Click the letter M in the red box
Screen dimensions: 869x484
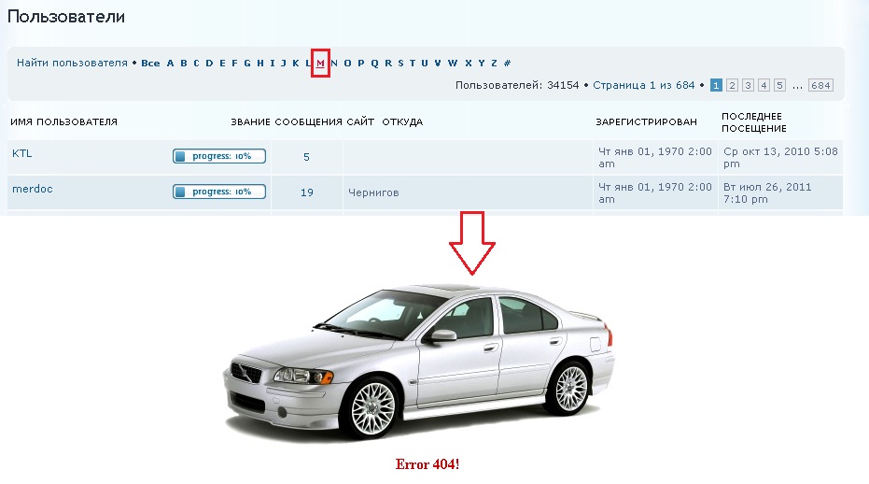[x=320, y=64]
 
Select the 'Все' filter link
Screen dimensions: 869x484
[x=150, y=64]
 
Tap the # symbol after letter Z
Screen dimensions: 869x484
[x=507, y=64]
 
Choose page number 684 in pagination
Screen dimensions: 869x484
[x=820, y=85]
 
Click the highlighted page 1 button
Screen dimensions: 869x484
[x=716, y=85]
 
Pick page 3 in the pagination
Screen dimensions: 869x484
[x=749, y=85]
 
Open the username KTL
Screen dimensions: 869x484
[x=22, y=154]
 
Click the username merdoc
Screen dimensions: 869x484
[x=33, y=190]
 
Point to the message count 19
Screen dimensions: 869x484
[x=307, y=192]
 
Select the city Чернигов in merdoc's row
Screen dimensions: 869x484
[x=373, y=192]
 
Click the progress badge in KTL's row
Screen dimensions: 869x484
[x=219, y=157]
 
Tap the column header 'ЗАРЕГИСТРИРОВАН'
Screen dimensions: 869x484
[x=646, y=122]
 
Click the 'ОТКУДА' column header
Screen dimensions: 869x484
[x=402, y=122]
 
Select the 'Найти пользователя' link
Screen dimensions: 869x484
[x=72, y=64]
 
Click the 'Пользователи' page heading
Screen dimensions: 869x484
[x=66, y=17]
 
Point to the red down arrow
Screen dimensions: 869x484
[x=472, y=243]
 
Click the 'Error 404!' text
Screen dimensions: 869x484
[x=427, y=464]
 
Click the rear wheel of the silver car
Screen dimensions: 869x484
[x=571, y=389]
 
